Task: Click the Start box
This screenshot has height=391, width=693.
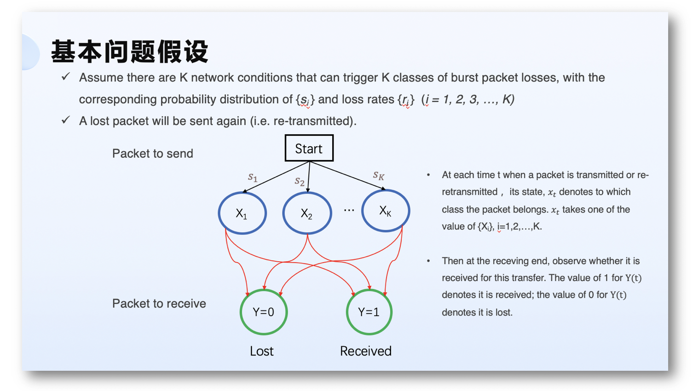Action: pos(309,148)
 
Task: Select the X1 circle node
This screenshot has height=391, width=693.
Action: pos(242,213)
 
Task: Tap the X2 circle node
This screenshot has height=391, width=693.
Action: pos(307,213)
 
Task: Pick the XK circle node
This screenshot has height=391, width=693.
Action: pos(386,211)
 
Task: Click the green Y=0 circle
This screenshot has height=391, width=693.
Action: pos(264,312)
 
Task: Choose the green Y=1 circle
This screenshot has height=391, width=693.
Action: pos(369,312)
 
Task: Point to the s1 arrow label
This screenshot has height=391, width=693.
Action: pos(253,177)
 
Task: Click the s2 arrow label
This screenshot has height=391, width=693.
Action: pos(300,181)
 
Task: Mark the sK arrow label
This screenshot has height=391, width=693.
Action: pos(379,175)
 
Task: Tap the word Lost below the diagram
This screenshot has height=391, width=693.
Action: pos(261,351)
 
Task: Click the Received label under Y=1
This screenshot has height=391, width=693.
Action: pos(365,351)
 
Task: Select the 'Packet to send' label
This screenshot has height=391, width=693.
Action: pos(152,154)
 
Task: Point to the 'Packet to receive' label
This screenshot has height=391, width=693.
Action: pos(159,304)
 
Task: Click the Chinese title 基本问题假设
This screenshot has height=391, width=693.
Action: pos(130,51)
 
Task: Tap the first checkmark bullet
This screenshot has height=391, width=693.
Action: pos(66,77)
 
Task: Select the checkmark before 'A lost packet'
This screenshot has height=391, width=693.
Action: pos(66,121)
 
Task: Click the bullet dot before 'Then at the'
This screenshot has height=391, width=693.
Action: pos(428,261)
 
